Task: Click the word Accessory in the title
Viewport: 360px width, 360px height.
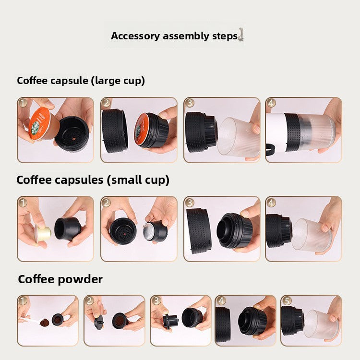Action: click(135, 36)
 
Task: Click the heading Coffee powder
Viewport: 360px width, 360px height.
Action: click(60, 279)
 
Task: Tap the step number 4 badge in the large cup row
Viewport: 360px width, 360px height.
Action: click(271, 103)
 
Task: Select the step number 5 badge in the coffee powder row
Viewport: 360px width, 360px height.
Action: click(286, 300)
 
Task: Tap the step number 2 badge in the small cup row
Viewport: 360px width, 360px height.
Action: click(106, 203)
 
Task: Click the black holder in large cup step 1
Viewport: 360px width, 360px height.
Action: click(72, 133)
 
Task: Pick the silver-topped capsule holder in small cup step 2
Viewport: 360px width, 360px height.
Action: click(155, 231)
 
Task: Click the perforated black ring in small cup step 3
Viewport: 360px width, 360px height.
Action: click(199, 231)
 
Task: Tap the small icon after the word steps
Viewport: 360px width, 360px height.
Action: click(240, 35)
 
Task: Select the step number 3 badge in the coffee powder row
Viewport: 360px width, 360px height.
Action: click(156, 300)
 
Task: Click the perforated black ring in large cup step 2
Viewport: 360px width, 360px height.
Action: click(115, 131)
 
